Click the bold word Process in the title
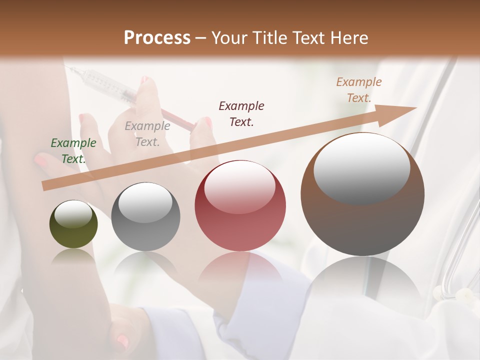click(157, 38)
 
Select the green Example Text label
click(73, 151)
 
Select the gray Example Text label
click(147, 134)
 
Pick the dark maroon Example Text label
click(241, 113)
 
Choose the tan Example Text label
click(359, 90)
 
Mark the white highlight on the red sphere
click(239, 186)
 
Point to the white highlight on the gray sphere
click(145, 202)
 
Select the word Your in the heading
click(227, 38)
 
